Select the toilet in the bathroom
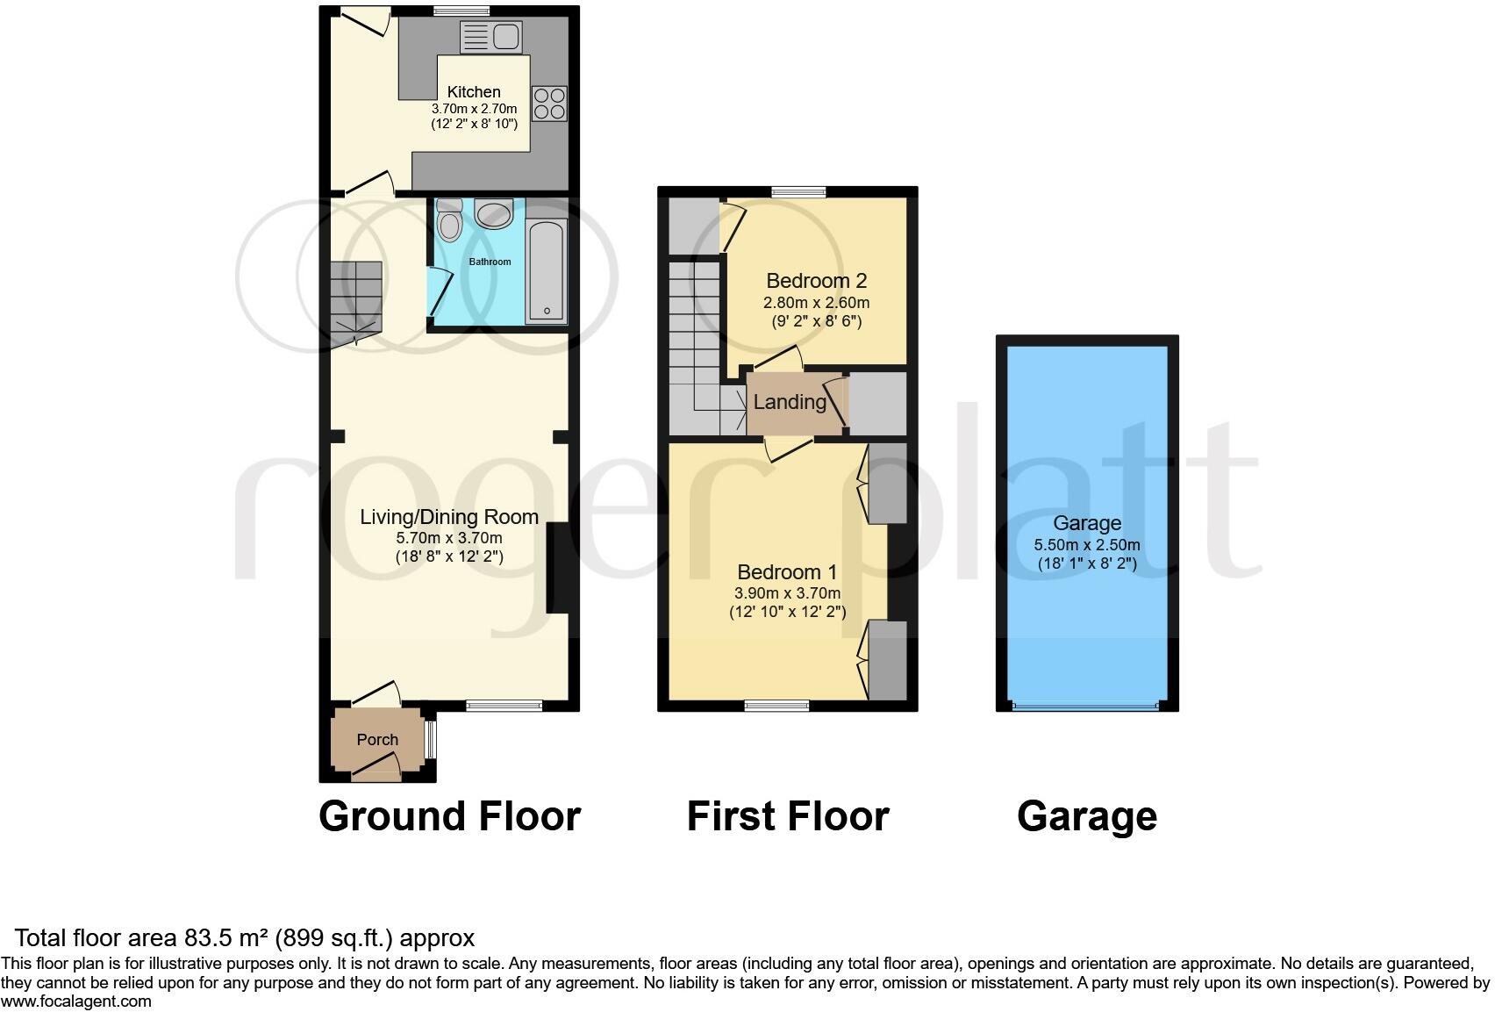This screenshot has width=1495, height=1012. click(450, 222)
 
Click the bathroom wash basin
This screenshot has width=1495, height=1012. click(493, 213)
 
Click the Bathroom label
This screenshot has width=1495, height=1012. click(490, 262)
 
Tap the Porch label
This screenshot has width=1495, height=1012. click(377, 740)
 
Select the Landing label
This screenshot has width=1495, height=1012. click(790, 402)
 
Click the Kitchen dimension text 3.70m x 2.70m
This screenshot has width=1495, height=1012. click(474, 109)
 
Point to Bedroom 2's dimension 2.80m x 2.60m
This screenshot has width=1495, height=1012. click(816, 303)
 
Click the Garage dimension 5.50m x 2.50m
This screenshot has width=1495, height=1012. click(1087, 545)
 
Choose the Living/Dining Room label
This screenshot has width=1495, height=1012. click(449, 517)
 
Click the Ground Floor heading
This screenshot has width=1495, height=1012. click(449, 816)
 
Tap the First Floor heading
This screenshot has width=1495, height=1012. click(787, 816)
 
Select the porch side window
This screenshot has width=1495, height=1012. click(430, 739)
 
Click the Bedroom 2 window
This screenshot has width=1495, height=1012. click(798, 190)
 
